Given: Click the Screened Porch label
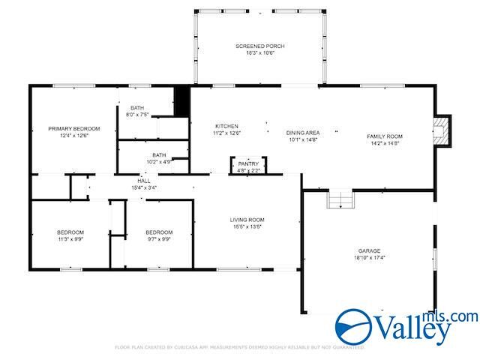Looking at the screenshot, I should (x=259, y=46).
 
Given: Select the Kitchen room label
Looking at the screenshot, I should (x=227, y=126).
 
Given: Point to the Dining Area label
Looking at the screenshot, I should (x=303, y=133).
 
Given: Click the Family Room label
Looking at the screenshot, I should (x=384, y=136).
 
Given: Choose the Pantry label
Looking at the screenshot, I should (x=248, y=163).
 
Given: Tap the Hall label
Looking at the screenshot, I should (x=144, y=181).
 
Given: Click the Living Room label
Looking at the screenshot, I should (x=247, y=220).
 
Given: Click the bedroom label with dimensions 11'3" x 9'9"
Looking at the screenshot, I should (x=70, y=232).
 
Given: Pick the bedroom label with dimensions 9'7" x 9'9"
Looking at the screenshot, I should (x=159, y=232).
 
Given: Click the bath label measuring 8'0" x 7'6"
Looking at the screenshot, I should (x=137, y=108).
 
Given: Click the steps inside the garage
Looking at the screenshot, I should (x=340, y=199).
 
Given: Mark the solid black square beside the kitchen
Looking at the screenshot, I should (x=181, y=102).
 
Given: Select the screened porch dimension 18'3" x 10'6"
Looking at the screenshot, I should (x=259, y=53).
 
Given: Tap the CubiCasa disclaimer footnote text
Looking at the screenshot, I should (x=239, y=348).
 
